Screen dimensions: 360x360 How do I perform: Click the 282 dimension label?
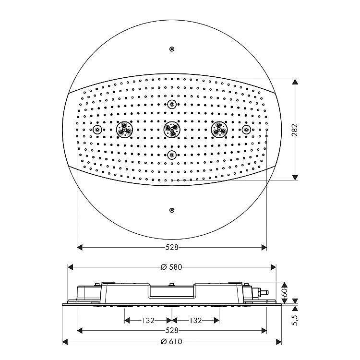pos(295,130)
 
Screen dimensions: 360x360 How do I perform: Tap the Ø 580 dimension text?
pos(171,267)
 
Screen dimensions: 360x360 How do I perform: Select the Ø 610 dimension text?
pos(171,342)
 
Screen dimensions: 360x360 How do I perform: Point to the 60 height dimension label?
pos(284,293)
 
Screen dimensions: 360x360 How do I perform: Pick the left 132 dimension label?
pos(148,320)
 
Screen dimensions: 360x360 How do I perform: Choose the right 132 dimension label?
pos(195,320)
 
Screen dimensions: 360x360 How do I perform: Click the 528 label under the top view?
pos(172,247)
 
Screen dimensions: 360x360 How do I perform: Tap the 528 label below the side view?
pos(172,330)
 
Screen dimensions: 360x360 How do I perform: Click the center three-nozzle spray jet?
pos(172,130)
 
